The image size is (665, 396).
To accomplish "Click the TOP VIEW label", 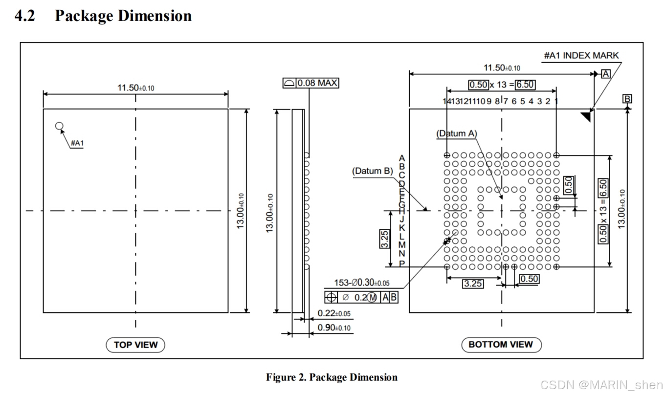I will point(135,345).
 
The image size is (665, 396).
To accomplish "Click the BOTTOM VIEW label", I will point(501,345).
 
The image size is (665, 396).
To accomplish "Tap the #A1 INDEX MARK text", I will point(581,55).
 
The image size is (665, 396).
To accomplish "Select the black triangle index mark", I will point(586,116).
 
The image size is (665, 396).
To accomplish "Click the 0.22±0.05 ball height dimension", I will point(334,313).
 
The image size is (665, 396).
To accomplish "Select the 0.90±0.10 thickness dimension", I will point(334,328).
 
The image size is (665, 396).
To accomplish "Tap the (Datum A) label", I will point(457,133).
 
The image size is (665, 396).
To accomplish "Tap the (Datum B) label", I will point(373,171).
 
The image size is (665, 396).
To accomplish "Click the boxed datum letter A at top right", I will point(606,74).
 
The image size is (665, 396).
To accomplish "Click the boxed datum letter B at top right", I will point(627,99).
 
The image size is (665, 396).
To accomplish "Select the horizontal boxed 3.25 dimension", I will point(472,284).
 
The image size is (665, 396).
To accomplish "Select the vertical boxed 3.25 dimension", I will point(385,239).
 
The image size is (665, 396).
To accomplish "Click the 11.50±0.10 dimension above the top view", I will point(135,88).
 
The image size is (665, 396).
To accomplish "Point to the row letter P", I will point(402,264).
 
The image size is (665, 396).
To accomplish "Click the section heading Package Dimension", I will point(123,16).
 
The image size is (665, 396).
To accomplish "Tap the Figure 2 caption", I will point(332,377).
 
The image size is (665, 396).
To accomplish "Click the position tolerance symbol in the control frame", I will point(331,297).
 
